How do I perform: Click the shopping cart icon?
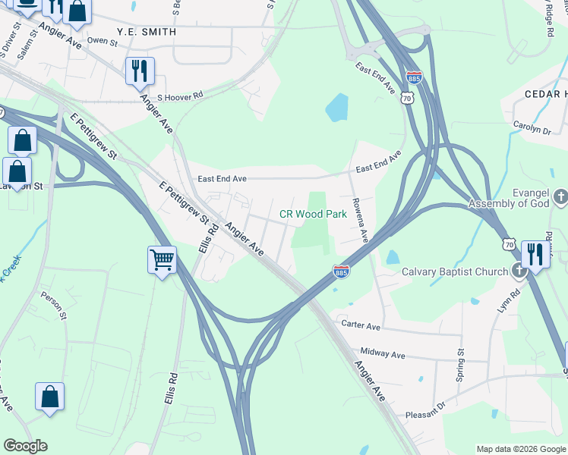(163, 260)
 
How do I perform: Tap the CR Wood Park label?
(313, 215)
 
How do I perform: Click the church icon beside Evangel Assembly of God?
(561, 197)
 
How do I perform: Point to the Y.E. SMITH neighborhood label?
(147, 33)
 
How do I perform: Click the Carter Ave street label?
(360, 325)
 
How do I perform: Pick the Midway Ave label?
(383, 354)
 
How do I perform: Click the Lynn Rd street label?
(503, 302)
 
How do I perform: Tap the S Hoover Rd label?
(180, 96)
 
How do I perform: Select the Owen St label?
(103, 41)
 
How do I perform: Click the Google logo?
(25, 446)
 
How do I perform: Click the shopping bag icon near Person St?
(50, 397)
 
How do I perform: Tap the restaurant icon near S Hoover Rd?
(140, 71)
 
